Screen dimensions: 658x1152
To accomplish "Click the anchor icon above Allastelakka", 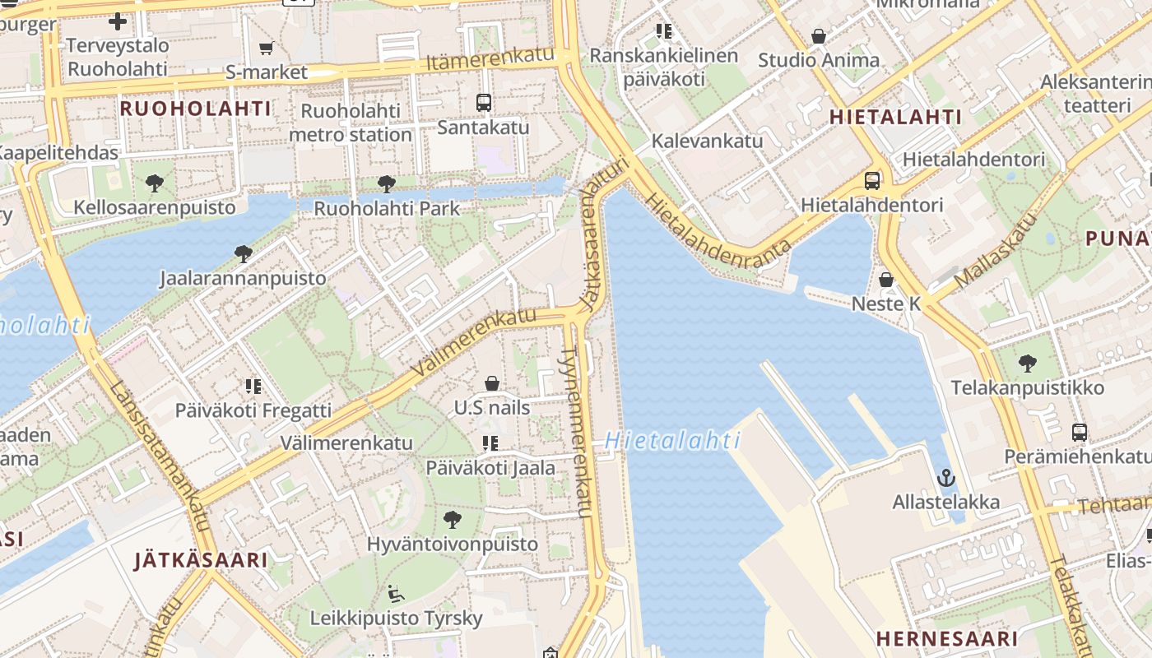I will click(946, 477).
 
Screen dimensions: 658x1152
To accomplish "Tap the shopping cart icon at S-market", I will click(266, 48).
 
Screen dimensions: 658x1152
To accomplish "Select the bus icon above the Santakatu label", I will click(484, 103).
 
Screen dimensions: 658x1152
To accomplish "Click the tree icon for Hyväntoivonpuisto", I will click(452, 519).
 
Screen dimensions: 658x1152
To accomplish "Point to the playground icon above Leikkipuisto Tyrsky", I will click(396, 593).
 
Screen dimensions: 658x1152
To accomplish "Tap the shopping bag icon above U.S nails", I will click(492, 383).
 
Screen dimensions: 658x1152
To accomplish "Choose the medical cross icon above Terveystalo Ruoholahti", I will click(118, 21).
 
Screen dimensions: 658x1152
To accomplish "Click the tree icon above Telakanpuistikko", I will click(1027, 363).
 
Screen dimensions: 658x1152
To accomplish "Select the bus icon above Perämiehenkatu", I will click(1079, 432).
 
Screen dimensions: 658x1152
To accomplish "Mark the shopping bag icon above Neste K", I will click(886, 280).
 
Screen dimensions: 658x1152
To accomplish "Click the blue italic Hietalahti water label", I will click(673, 441).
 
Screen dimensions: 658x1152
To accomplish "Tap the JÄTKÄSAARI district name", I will click(201, 560).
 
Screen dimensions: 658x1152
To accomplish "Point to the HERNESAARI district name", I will click(946, 638).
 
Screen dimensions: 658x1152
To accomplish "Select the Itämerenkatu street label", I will click(490, 59).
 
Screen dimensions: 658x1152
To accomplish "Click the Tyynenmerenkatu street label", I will click(574, 432).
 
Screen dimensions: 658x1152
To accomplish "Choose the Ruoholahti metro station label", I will click(351, 123).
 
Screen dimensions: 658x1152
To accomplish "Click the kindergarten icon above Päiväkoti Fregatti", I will click(253, 386).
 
